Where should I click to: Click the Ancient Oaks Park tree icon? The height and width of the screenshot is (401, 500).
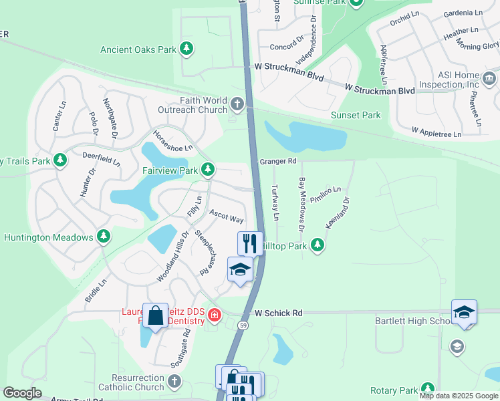coord(187,49)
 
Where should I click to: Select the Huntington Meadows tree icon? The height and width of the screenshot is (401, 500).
coord(104,237)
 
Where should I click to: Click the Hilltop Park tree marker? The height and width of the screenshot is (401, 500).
coord(318,246)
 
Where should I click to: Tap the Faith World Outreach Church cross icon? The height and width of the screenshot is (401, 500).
coord(238,104)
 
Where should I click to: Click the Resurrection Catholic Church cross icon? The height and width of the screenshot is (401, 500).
coord(174,382)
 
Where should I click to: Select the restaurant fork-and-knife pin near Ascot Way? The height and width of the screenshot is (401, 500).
coord(250,243)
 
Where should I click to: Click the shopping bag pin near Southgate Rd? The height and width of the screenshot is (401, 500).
coord(155,315)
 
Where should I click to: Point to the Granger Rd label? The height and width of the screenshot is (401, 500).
coord(277,161)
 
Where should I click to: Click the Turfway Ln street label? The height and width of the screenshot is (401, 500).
coord(275,203)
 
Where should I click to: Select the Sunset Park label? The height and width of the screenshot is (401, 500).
coord(356,115)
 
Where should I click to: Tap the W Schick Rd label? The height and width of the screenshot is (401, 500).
coord(278,312)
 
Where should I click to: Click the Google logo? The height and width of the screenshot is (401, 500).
coord(23,392)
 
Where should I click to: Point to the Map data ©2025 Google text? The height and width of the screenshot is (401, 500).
coord(458,396)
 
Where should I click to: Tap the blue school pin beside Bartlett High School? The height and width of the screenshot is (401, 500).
coord(464,313)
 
